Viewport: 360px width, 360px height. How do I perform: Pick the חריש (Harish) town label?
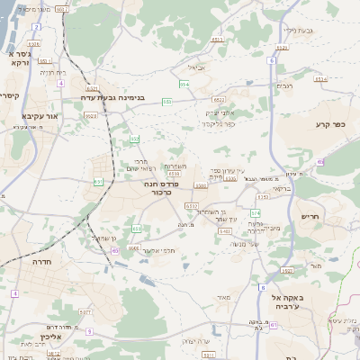(x=310, y=216)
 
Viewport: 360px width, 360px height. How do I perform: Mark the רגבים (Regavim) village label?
(x=284, y=85)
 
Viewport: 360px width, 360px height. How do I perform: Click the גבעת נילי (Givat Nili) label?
(x=296, y=30)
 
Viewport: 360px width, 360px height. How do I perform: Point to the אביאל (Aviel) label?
(x=195, y=67)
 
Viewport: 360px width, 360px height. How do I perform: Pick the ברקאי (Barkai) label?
(x=282, y=188)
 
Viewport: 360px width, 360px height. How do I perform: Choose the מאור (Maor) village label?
(x=224, y=296)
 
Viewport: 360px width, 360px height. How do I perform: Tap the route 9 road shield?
(x=89, y=330)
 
